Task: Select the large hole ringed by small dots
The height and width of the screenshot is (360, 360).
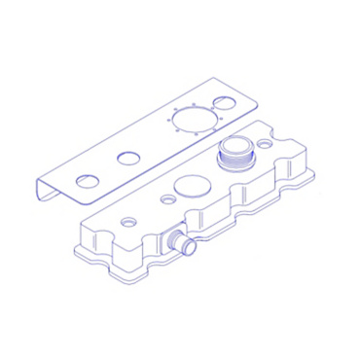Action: [196, 120]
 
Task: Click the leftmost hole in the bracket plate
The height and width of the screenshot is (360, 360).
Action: [88, 181]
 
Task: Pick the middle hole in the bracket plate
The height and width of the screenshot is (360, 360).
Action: [128, 158]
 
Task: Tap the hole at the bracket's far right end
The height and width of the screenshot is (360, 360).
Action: [225, 102]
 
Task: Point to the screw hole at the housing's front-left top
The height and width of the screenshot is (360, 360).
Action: [127, 221]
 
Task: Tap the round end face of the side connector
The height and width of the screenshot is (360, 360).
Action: [189, 247]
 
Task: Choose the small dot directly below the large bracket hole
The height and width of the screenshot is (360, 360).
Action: [197, 136]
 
